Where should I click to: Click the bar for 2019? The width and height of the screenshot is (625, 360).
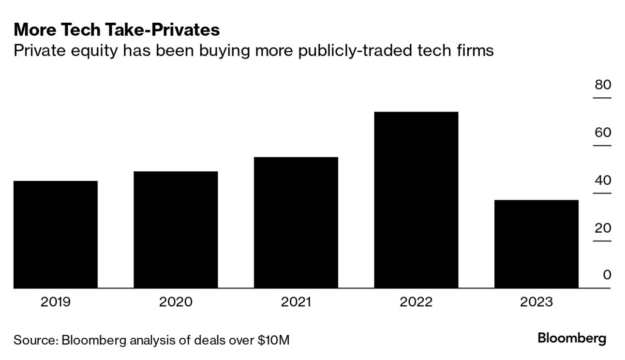point(56,235)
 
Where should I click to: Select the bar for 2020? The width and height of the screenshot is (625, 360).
point(176,230)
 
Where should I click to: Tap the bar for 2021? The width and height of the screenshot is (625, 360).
point(296,223)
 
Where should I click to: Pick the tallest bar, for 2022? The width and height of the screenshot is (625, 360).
point(416,200)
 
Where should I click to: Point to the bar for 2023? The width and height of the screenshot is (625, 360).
point(536,244)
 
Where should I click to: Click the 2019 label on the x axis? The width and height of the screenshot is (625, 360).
point(56,302)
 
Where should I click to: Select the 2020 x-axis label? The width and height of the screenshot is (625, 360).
point(176,302)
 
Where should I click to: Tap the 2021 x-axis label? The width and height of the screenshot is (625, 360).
point(296,302)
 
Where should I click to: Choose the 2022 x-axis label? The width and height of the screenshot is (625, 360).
point(416,302)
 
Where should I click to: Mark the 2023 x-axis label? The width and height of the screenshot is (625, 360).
point(536,302)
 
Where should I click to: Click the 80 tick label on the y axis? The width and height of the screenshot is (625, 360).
point(603,85)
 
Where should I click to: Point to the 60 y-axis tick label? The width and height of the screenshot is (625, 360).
point(603,133)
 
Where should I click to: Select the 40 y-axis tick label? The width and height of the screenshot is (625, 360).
point(603,180)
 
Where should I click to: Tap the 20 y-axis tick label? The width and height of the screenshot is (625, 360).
point(603,228)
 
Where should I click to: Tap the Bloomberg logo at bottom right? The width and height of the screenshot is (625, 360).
point(572,338)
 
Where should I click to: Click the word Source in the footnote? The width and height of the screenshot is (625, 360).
point(35,340)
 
